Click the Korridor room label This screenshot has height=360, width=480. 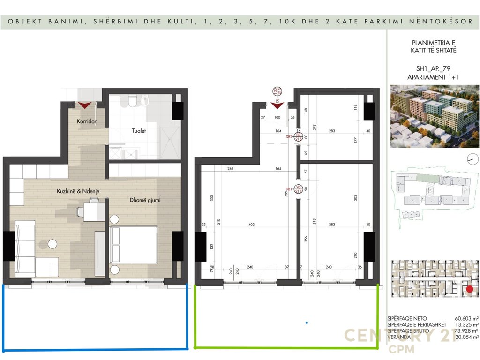click(x=87, y=121)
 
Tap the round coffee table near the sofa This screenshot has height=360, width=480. click(x=52, y=244)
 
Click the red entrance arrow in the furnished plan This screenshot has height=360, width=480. click(x=85, y=105)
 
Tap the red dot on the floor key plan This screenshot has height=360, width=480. click(x=470, y=290)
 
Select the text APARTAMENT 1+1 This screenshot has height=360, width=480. click(x=432, y=77)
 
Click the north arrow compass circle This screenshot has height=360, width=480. click(x=470, y=160)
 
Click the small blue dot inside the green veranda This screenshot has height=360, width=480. click(x=307, y=322)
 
